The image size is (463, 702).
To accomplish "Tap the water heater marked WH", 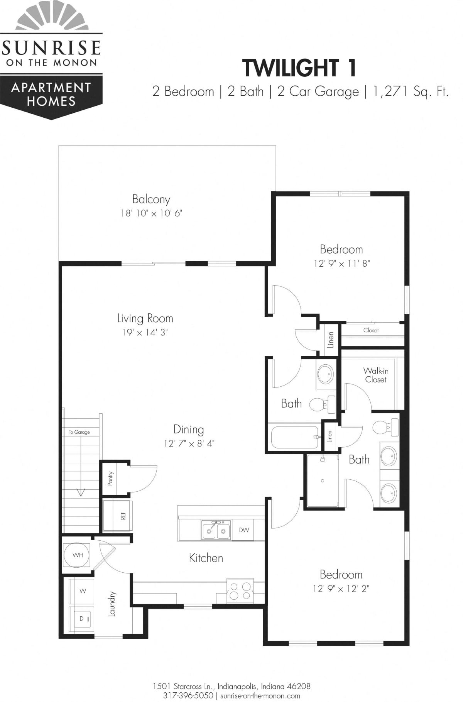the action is (78, 555).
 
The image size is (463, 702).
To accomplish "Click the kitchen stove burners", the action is (240, 591).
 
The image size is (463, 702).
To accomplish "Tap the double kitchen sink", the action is (216, 530).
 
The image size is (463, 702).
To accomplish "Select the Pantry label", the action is (111, 478).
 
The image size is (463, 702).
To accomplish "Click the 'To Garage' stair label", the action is (79, 432).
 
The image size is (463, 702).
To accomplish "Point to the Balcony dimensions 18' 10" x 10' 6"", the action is (151, 213).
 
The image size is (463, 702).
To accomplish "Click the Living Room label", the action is (145, 318).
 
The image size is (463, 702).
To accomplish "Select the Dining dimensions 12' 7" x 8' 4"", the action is (189, 443).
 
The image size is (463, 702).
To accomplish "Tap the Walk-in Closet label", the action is (375, 375).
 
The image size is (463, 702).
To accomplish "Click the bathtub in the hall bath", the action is (295, 436).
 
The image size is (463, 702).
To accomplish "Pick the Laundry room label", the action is (112, 604).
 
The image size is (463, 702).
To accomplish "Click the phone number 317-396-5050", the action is (188, 695).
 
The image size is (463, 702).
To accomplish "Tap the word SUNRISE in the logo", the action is (51, 47).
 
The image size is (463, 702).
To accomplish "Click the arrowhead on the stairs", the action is (81, 492).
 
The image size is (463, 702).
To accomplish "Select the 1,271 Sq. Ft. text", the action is (411, 91).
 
